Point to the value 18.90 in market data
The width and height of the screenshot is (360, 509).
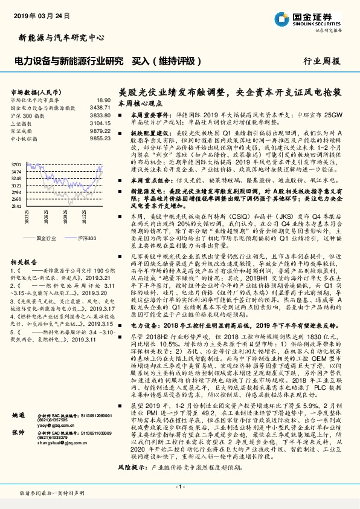tap(104, 100)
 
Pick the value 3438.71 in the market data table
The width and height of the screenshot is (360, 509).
tap(101, 107)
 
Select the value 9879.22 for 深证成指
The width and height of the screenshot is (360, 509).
tap(101, 129)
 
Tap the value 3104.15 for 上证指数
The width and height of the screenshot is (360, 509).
tap(101, 122)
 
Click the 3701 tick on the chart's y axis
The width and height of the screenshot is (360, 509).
tap(16, 164)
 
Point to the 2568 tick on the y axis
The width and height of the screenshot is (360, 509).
tap(16, 199)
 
